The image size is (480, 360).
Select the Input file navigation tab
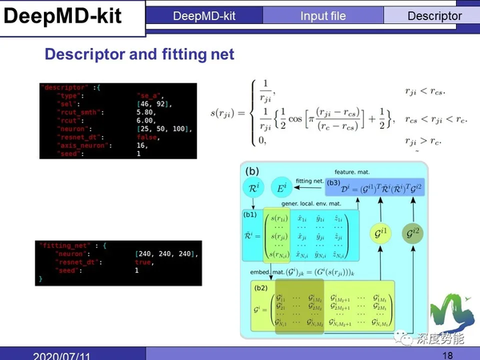[x=323, y=15]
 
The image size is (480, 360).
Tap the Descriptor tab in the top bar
[x=434, y=15]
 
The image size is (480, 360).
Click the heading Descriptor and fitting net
[x=139, y=54]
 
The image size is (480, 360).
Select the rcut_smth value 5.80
[x=146, y=112]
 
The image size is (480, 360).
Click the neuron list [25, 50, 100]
[x=165, y=128]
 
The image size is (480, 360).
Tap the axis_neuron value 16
[x=142, y=145]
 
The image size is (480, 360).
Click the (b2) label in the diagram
[x=261, y=286]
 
